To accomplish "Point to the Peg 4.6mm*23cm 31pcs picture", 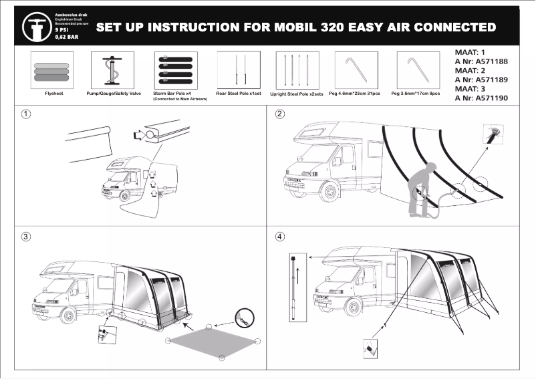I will coord(356,70).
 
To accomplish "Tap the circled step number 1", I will coord(25,114).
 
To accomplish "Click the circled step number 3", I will coord(25,237).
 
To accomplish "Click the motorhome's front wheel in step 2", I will coord(329,192).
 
